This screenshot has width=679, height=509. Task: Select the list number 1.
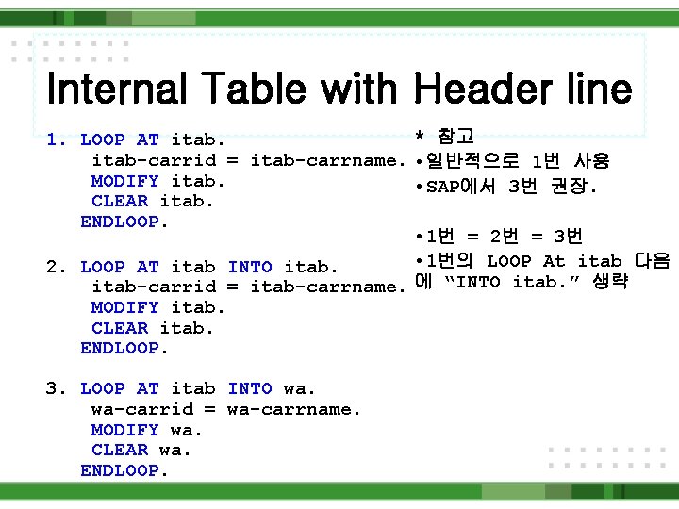click(x=55, y=140)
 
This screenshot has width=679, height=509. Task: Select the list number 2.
click(x=55, y=267)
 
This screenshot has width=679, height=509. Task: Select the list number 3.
click(x=55, y=388)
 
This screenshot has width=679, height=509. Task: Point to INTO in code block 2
click(x=250, y=267)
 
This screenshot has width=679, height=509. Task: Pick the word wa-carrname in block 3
click(x=293, y=409)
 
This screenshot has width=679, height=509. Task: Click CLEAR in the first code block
click(x=120, y=201)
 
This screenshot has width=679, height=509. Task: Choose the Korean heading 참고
click(x=456, y=137)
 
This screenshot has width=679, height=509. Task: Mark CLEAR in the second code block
click(x=120, y=328)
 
